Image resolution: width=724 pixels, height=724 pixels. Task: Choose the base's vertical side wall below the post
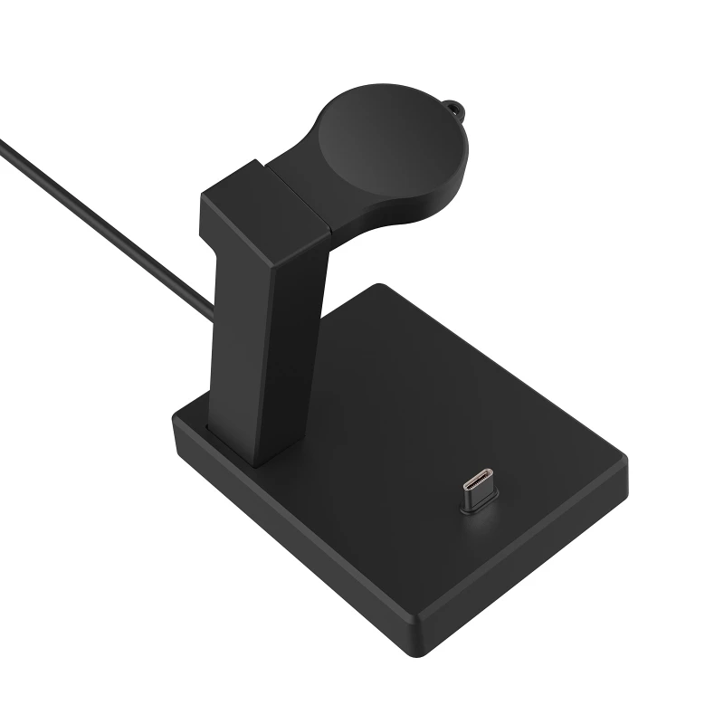pos(290,534)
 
